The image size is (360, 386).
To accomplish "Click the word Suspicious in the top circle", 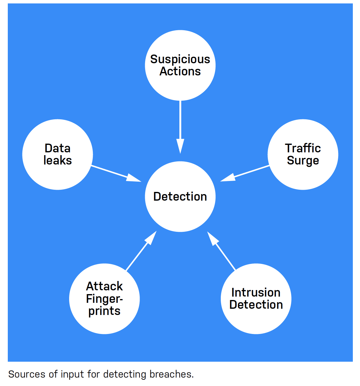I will pyautogui.click(x=180, y=59).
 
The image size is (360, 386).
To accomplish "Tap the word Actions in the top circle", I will pyautogui.click(x=180, y=71).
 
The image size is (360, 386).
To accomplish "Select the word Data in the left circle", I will pyautogui.click(x=58, y=148).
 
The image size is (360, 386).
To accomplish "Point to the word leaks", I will pyautogui.click(x=58, y=160).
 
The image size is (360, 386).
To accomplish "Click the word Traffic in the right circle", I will pyautogui.click(x=303, y=148).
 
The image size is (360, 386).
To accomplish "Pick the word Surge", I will pyautogui.click(x=303, y=161).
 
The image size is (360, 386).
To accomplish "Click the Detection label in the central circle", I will pyautogui.click(x=180, y=197).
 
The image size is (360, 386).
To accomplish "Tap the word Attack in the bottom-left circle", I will pyautogui.click(x=104, y=286).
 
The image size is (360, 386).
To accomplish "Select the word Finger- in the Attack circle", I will pyautogui.click(x=104, y=299).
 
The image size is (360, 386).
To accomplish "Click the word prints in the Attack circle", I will pyautogui.click(x=104, y=311).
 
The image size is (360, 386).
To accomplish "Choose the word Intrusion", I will pyautogui.click(x=256, y=293).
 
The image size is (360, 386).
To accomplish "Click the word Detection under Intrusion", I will pyautogui.click(x=256, y=305).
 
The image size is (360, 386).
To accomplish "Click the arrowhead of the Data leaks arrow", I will pyautogui.click(x=134, y=178).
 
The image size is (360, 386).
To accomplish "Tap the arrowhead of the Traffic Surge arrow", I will pyautogui.click(x=228, y=178).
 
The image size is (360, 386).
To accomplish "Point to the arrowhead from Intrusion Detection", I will pyautogui.click(x=212, y=238).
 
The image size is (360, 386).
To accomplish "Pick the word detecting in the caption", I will pyautogui.click(x=125, y=374).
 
